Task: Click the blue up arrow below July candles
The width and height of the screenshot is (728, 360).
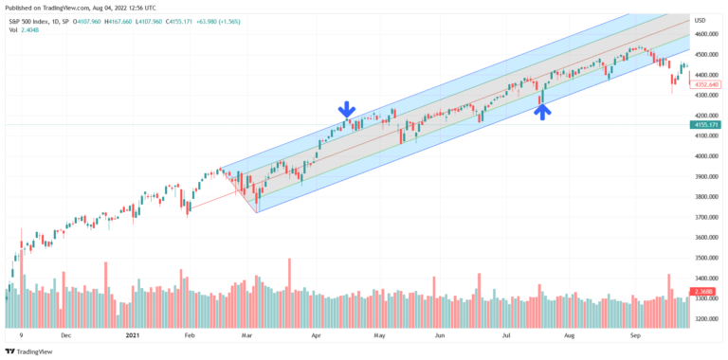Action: [541, 111]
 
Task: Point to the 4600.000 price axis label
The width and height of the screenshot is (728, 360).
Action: [705, 34]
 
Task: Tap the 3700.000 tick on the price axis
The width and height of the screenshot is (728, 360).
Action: [705, 217]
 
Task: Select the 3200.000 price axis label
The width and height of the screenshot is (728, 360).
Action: [705, 319]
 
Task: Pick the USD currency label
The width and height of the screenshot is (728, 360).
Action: [700, 20]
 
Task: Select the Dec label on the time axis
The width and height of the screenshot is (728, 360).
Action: [66, 335]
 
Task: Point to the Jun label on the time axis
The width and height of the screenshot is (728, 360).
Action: [440, 335]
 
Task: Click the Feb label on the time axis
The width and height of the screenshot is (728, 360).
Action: [189, 335]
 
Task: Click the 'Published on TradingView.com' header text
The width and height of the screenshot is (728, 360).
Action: [52, 7]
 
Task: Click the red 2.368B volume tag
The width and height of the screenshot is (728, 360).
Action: [704, 291]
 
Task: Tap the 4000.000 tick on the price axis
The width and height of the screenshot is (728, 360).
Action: [705, 156]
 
